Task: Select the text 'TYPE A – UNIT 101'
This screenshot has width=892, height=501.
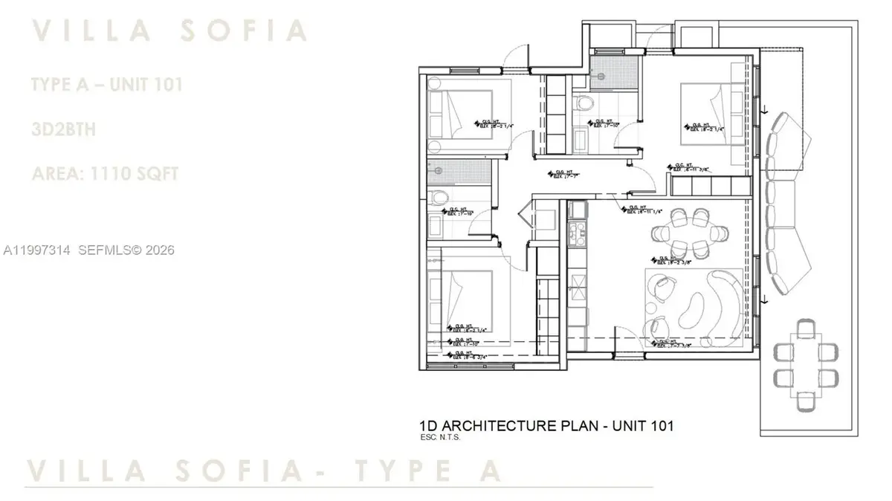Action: (x=107, y=85)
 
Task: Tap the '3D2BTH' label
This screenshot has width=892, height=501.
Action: (x=63, y=129)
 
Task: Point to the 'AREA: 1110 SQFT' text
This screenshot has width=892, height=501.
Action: (x=105, y=174)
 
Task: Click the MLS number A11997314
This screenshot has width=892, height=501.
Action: (x=36, y=250)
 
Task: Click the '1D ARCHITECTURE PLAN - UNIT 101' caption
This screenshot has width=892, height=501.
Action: (x=547, y=426)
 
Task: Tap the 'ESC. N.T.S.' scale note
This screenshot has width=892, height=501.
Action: (x=441, y=437)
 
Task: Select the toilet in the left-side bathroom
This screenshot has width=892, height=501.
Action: (x=439, y=198)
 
